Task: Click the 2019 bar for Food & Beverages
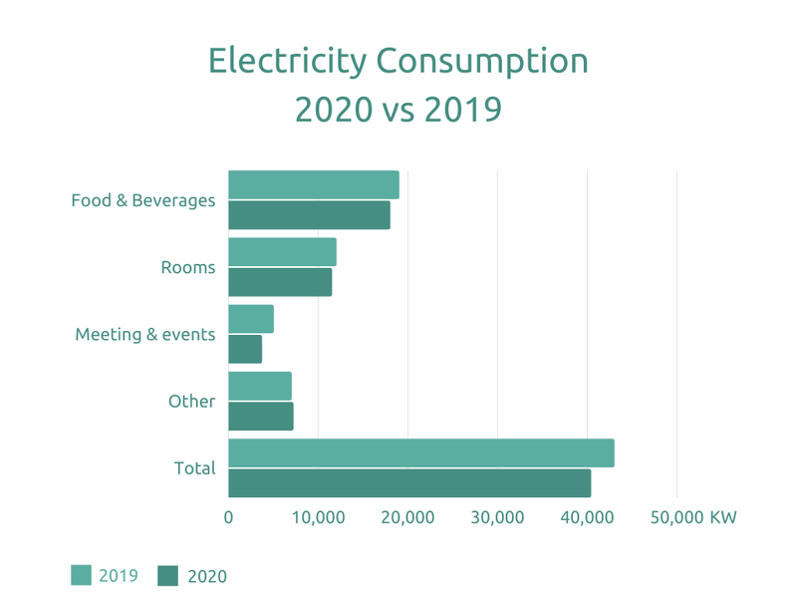click(x=314, y=185)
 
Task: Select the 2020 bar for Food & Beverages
click(x=309, y=215)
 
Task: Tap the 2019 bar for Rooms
click(x=282, y=252)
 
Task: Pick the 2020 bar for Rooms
click(x=280, y=282)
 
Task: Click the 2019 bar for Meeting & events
click(x=251, y=319)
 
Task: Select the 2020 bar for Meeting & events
click(x=245, y=349)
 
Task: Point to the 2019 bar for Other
click(x=260, y=386)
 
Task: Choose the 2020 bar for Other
click(x=261, y=416)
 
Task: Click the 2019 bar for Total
click(x=420, y=452)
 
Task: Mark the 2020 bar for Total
click(x=409, y=482)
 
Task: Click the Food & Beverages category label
click(x=143, y=200)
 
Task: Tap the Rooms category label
click(x=187, y=267)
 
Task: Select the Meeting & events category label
click(x=145, y=334)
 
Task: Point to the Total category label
click(x=194, y=467)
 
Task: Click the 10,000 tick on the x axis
click(x=318, y=517)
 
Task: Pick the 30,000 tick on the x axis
click(x=497, y=517)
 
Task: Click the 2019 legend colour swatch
click(x=81, y=575)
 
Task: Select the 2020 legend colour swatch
click(x=168, y=575)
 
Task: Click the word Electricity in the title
click(x=287, y=61)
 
